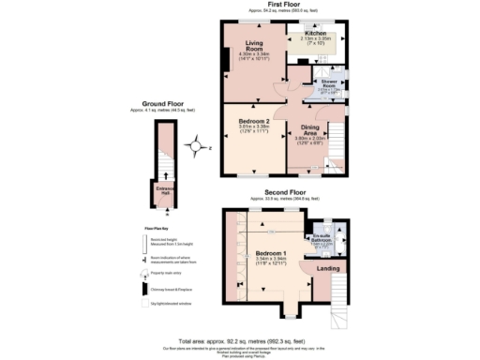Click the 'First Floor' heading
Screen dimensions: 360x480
click(283, 5)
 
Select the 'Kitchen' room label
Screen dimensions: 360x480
click(316, 33)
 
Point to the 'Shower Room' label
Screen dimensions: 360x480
click(330, 84)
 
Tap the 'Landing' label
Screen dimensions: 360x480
click(328, 271)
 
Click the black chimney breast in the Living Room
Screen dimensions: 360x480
click(226, 59)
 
